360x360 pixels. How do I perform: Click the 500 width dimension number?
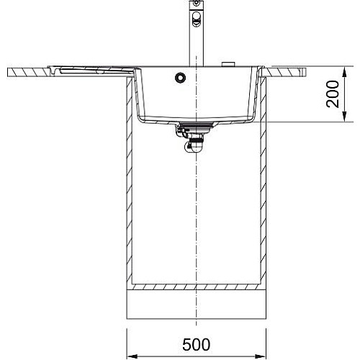pyautogui.click(x=196, y=345)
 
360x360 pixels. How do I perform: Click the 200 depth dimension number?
pyautogui.click(x=333, y=94)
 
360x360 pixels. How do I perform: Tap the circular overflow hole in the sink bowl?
pyautogui.click(x=180, y=77)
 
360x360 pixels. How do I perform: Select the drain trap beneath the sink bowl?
pyautogui.click(x=192, y=140)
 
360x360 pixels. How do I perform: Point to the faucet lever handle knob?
pyautogui.click(x=196, y=19)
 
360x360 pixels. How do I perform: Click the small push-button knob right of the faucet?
pyautogui.click(x=228, y=64)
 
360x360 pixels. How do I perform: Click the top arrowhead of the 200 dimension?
pyautogui.click(x=344, y=72)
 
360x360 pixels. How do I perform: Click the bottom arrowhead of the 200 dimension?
pyautogui.click(x=344, y=117)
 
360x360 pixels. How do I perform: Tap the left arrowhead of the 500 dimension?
pyautogui.click(x=132, y=356)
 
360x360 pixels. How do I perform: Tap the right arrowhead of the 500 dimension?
pyautogui.click(x=261, y=356)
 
